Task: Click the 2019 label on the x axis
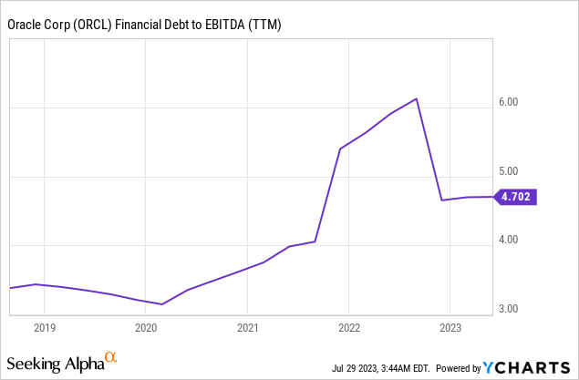coord(45,326)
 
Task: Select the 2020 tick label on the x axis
coord(146,326)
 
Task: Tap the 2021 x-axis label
coord(248,326)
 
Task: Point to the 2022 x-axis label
coord(348,326)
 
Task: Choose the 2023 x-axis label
coord(450,326)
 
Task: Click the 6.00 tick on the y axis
coord(508,102)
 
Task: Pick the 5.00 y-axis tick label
coord(508,171)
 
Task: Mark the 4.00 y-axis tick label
coord(508,240)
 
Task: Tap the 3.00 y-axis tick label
coord(508,309)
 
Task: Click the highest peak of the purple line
coord(417,98)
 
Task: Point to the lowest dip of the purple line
coord(161,304)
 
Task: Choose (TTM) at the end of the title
coord(266,25)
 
